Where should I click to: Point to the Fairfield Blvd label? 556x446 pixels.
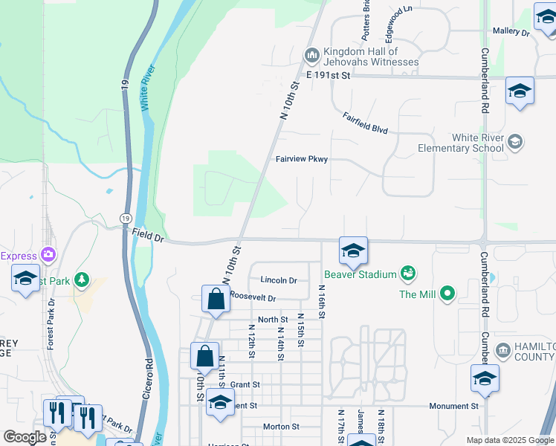point(366,123)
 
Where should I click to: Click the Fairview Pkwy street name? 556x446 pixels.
point(301,159)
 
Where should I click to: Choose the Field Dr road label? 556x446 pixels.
point(148,235)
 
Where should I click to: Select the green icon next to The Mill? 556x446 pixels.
point(447,294)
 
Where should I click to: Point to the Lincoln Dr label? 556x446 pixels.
point(279,280)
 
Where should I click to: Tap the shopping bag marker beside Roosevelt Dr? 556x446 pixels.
point(215,300)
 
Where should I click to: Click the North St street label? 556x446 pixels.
point(272,320)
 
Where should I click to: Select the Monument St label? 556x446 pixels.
point(453,406)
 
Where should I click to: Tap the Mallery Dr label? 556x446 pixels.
point(511,33)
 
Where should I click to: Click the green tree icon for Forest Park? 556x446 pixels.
point(81,280)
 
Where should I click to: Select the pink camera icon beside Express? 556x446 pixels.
point(50,255)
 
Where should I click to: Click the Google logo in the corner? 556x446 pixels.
point(25,437)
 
